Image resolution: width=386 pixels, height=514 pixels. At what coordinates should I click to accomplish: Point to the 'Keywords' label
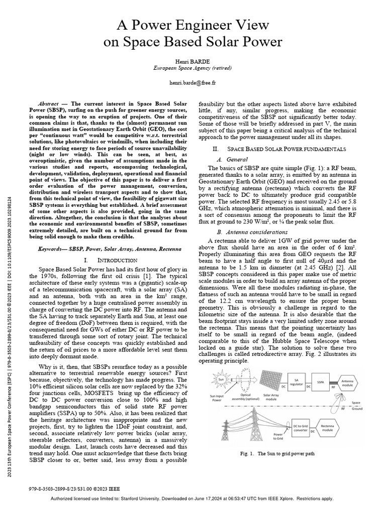[52, 249]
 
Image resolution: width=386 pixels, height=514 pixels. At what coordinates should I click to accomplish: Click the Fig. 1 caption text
[277, 454]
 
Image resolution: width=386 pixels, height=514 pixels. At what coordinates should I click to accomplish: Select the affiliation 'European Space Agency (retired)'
[192, 66]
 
